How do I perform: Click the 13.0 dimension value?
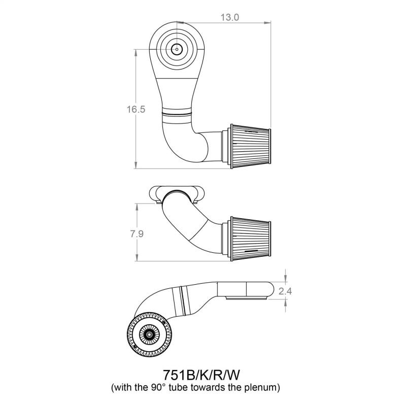(x=230, y=17)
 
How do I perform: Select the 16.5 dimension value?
(x=136, y=109)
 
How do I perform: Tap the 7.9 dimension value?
(x=137, y=234)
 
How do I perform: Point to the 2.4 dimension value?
(x=285, y=291)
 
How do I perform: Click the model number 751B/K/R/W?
(x=201, y=375)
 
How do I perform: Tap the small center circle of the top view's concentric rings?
(x=177, y=49)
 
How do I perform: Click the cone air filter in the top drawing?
(x=250, y=146)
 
